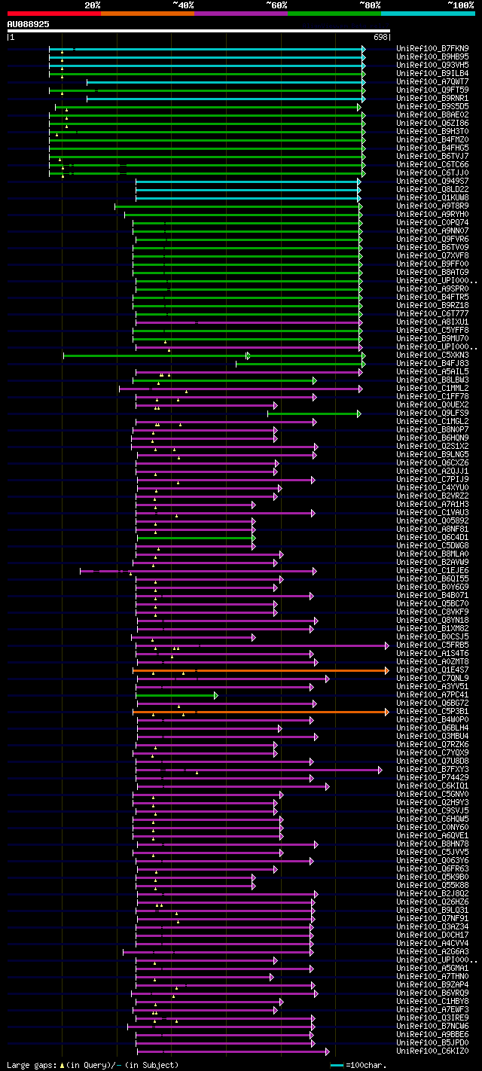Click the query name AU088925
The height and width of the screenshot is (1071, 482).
[x=29, y=24]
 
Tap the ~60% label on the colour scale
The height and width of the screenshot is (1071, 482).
[x=276, y=5]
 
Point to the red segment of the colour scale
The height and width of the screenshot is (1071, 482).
[x=53, y=14]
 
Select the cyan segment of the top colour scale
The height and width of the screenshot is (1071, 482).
[x=427, y=14]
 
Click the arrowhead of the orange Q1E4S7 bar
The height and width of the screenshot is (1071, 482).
[x=387, y=670]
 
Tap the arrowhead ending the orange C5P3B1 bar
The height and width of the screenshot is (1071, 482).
[x=387, y=711]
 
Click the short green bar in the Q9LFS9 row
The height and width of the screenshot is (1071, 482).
[x=313, y=413]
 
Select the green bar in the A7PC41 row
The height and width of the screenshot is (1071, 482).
[x=177, y=694]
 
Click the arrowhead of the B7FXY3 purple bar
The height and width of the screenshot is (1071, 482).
[x=380, y=769]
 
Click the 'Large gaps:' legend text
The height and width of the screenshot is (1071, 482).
[x=31, y=1065]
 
